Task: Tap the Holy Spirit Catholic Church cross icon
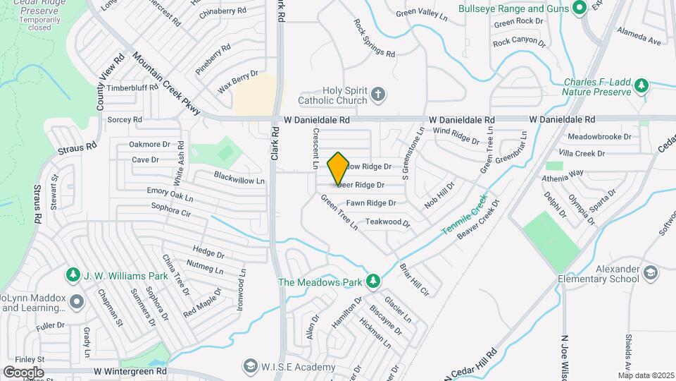pos(378,95)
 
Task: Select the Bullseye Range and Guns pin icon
pos(580,8)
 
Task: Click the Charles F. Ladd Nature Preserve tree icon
pos(641,86)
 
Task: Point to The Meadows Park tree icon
pos(373,282)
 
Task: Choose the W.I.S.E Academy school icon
pos(249,366)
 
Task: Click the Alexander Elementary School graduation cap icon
pos(651,272)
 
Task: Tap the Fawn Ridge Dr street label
pos(370,203)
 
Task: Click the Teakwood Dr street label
pos(387,222)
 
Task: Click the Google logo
pos(23,373)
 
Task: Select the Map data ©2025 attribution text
pos(646,375)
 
